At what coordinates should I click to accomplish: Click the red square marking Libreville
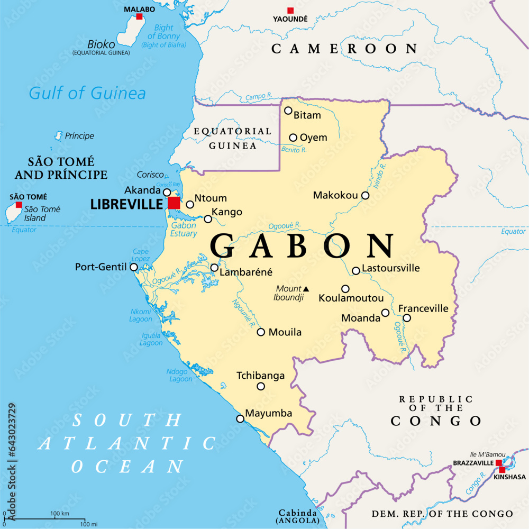point(174,203)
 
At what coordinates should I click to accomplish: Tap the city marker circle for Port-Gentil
point(134,268)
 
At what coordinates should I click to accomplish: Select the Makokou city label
point(335,195)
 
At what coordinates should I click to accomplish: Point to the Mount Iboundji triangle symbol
point(306,289)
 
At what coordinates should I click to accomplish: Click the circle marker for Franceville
point(407,318)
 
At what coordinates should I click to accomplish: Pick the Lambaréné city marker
point(214,268)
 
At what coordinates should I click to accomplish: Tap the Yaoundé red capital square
point(290,10)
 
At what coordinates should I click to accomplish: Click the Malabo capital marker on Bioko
point(139,16)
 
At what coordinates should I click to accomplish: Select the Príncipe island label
point(79,136)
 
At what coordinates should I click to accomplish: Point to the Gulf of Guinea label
point(87,94)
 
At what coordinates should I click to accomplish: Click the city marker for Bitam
point(288,111)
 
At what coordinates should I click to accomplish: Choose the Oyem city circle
point(293,138)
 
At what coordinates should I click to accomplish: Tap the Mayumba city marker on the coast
point(240,418)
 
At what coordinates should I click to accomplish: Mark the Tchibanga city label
point(260,376)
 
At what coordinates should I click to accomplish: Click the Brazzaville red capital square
point(498,462)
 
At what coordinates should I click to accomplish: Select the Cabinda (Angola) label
point(298,517)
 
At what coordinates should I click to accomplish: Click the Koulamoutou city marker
point(345,289)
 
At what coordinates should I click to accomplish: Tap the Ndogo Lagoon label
point(180,375)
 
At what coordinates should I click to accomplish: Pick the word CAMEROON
point(344,49)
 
